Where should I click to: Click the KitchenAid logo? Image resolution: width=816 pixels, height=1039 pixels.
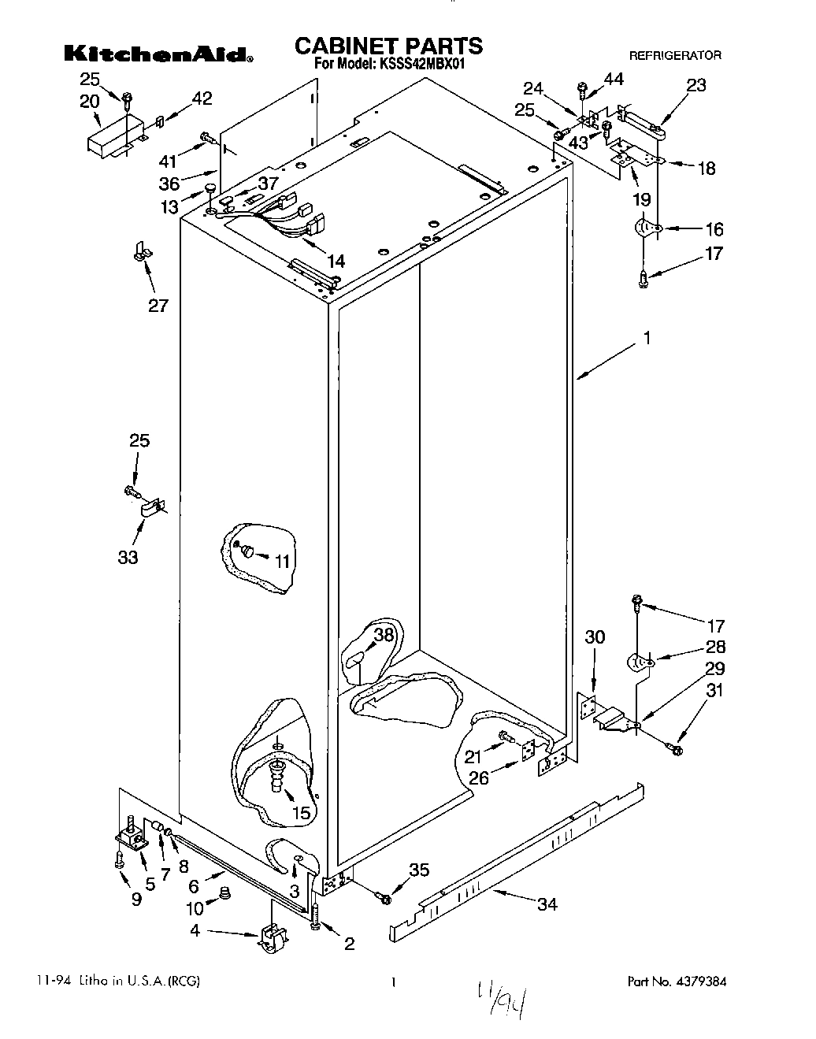tap(158, 54)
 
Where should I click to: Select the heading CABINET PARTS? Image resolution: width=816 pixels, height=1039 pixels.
tap(388, 46)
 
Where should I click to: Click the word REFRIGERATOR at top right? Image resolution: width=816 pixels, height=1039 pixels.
tap(674, 56)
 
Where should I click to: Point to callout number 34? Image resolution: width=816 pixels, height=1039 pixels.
tap(547, 904)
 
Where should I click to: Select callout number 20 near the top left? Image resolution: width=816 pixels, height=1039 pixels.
tap(90, 101)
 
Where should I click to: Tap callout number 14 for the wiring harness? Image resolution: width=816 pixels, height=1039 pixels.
tap(336, 261)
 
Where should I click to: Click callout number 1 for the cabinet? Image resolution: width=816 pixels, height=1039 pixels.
tap(647, 339)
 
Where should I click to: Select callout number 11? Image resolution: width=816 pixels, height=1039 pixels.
tap(282, 561)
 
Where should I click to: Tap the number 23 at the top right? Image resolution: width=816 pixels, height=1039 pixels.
tap(696, 86)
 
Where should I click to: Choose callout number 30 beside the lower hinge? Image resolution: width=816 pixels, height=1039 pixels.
tap(595, 636)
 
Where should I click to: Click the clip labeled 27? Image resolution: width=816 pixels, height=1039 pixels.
tap(142, 253)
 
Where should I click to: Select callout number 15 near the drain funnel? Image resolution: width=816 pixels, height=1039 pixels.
tap(301, 814)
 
